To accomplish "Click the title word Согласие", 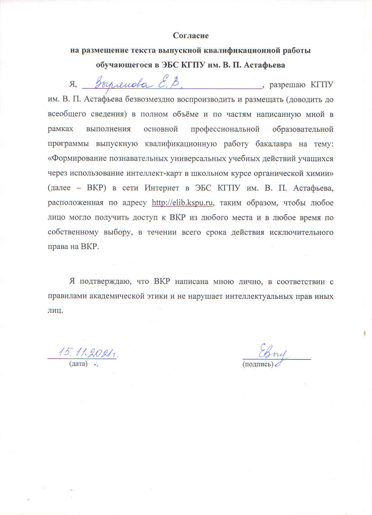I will click(x=191, y=36).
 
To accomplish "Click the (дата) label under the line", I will click(x=78, y=364).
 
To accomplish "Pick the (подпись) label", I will click(x=258, y=364).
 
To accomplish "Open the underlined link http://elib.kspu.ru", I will click(x=182, y=203).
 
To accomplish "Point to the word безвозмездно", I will click(x=150, y=99).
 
